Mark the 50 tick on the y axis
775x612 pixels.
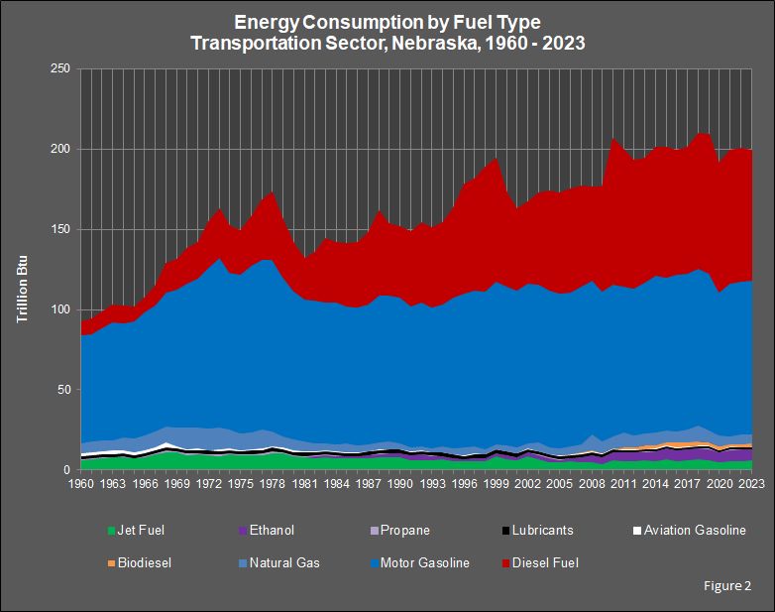tap(62, 390)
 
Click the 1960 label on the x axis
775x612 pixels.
tap(80, 484)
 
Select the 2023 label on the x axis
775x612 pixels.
tap(751, 484)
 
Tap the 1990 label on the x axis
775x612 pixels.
tap(399, 484)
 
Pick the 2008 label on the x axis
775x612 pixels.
tap(592, 484)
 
